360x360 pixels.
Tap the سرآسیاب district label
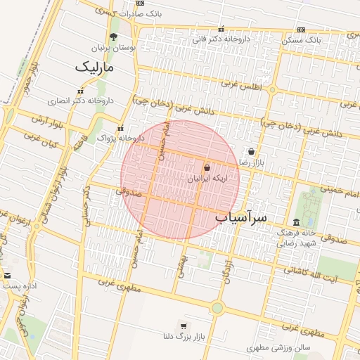240,217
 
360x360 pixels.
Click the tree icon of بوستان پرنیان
114,37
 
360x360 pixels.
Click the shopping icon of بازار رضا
252,151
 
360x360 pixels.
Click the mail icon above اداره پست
7,276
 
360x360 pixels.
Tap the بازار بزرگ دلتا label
184,337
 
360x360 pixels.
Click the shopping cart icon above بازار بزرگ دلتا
184,326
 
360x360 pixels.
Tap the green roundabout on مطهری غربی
217,307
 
